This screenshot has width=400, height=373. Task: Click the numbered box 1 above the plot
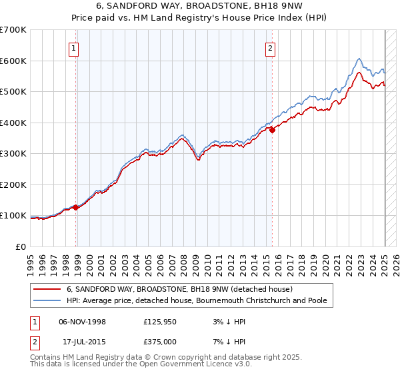(x=73, y=47)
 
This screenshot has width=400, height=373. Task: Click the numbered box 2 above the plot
(x=270, y=47)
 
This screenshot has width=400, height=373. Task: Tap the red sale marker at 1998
(x=76, y=207)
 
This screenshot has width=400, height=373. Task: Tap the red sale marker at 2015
(x=273, y=131)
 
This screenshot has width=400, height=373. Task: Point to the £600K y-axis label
(x=13, y=61)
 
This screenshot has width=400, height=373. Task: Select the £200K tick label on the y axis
(x=13, y=185)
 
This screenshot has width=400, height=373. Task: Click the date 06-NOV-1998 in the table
(x=81, y=321)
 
